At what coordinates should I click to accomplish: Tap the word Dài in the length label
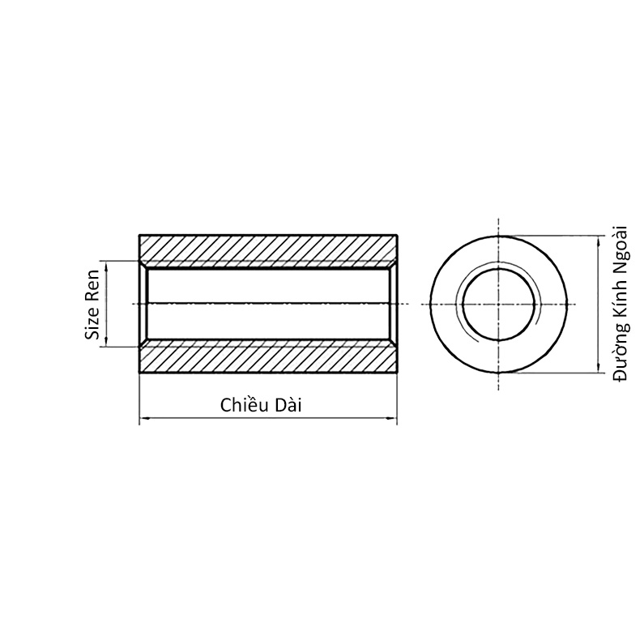[x=288, y=405]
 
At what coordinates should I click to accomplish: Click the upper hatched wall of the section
[x=268, y=248]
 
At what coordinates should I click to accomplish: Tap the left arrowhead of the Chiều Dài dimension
[x=143, y=419]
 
